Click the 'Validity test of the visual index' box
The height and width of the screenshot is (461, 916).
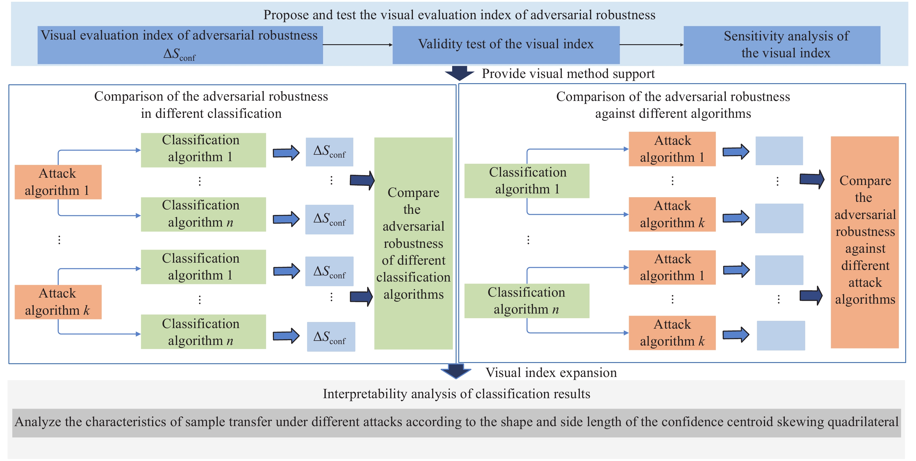click(x=506, y=45)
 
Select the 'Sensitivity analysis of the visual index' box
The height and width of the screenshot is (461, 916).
click(x=782, y=45)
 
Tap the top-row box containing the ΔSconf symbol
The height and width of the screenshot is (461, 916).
click(x=180, y=45)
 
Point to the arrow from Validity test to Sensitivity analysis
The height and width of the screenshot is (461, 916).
click(x=651, y=45)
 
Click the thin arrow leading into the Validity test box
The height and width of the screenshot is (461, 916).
click(x=358, y=45)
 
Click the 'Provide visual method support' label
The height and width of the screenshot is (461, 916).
click(x=568, y=74)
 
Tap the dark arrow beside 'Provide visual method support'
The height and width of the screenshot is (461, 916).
click(x=459, y=73)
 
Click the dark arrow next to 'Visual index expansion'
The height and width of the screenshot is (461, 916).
click(x=456, y=371)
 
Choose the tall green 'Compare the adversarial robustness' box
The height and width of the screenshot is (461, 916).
click(x=413, y=243)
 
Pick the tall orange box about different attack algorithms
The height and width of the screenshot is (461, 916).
click(x=865, y=242)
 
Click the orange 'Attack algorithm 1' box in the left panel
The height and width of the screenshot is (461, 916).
click(x=58, y=182)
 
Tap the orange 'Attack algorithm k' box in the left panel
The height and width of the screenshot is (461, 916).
click(x=58, y=302)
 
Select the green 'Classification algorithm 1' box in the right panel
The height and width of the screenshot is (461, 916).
click(x=527, y=181)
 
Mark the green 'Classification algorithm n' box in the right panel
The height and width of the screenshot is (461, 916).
click(x=527, y=300)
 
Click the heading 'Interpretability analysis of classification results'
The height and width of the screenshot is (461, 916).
click(x=456, y=394)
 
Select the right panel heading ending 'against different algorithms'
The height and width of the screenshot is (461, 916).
click(x=673, y=105)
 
